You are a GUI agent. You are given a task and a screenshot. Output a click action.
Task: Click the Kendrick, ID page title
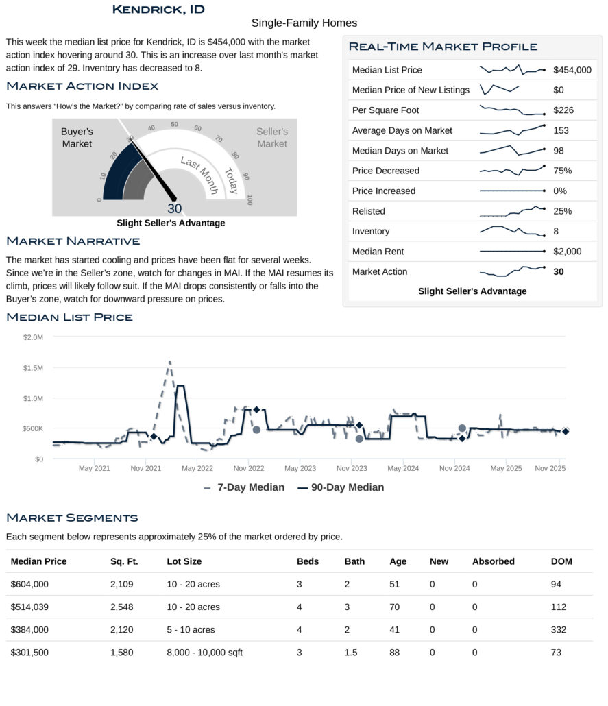tap(158, 10)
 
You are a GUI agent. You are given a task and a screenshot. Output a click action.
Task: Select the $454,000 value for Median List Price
tap(572, 70)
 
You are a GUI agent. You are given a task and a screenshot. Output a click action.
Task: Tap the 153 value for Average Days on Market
tap(561, 130)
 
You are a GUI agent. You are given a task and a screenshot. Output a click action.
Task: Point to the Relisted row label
tap(368, 211)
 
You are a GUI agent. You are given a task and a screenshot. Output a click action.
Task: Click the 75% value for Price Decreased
tap(563, 171)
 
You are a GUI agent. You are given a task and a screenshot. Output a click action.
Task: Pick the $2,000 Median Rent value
tap(567, 252)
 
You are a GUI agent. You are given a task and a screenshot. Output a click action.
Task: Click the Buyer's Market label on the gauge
tap(77, 137)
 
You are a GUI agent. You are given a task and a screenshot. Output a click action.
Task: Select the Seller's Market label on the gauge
tap(272, 137)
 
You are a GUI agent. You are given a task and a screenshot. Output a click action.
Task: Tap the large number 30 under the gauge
tap(174, 209)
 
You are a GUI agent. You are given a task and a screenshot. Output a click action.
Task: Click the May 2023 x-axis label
tap(300, 469)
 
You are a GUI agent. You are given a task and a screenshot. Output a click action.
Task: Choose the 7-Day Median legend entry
tap(244, 487)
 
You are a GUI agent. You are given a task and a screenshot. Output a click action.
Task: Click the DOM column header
tap(561, 561)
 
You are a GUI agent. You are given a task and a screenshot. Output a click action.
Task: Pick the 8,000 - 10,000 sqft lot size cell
tap(204, 653)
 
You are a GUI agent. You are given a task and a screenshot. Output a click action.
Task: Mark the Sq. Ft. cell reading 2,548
tap(121, 607)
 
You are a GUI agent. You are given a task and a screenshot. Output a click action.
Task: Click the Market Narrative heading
tap(73, 241)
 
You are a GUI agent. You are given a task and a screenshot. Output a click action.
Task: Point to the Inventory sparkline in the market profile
tap(512, 231)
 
